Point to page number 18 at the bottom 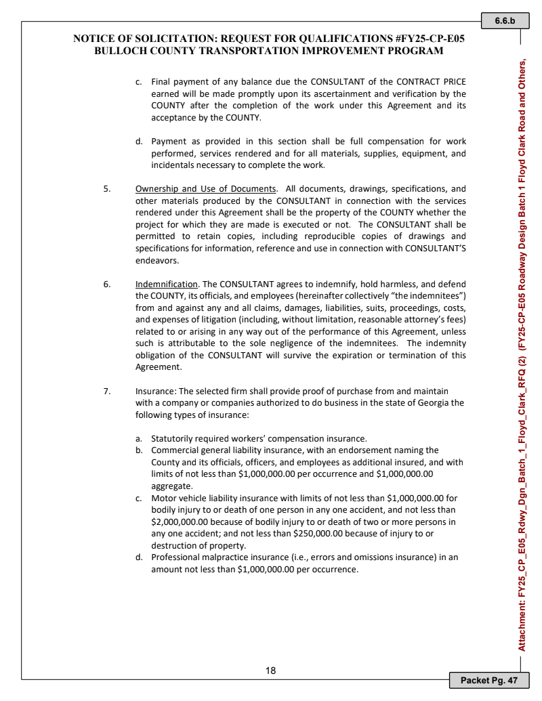point(270,671)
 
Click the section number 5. point(106,189)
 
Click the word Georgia point(428,402)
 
